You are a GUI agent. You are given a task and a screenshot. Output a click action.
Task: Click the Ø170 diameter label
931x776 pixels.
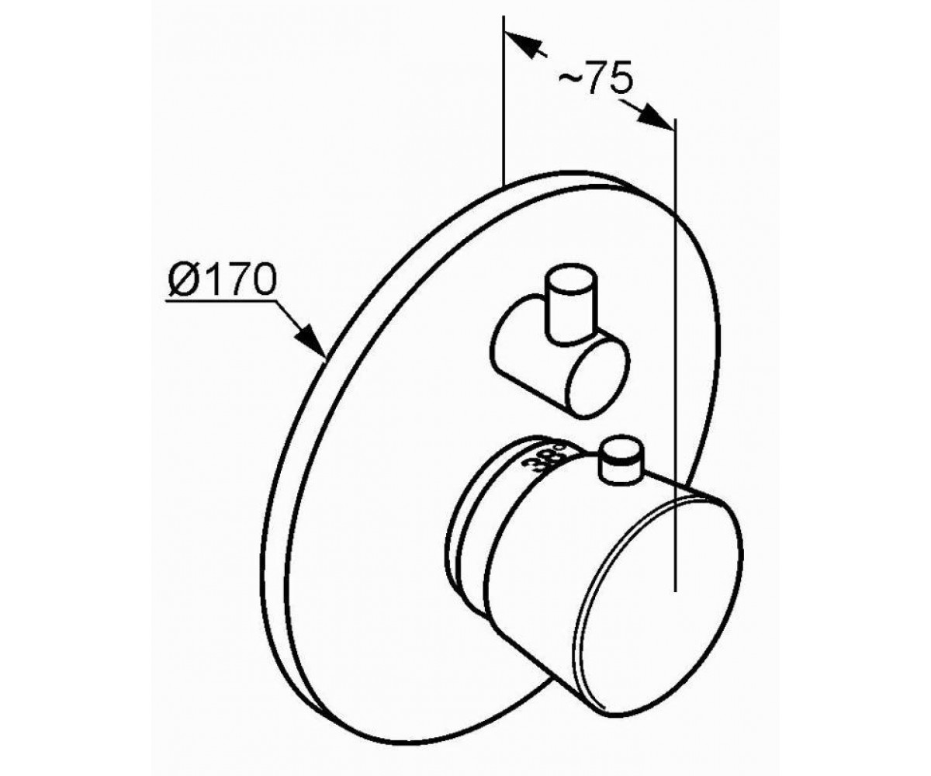point(222,279)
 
